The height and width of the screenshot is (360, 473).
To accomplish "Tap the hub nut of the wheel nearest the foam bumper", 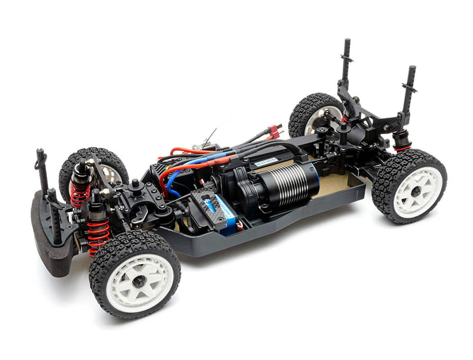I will pyautogui.click(x=138, y=281).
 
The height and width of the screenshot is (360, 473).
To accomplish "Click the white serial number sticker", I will pyautogui.click(x=266, y=163).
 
